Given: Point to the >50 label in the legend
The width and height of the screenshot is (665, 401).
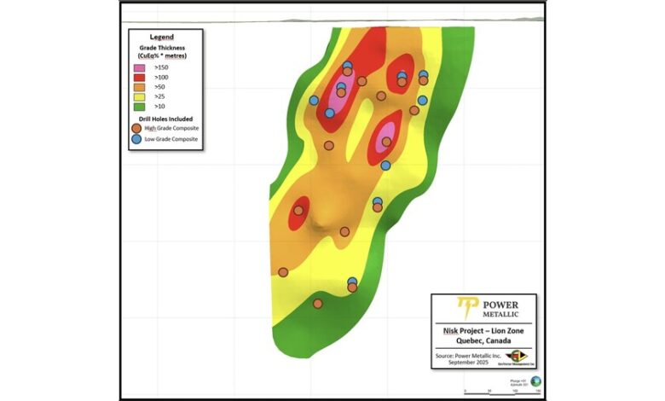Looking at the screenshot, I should pyautogui.click(x=159, y=87).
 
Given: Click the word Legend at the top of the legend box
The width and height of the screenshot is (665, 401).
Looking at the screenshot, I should pyautogui.click(x=161, y=38).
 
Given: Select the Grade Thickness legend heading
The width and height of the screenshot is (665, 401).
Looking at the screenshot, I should pyautogui.click(x=161, y=47).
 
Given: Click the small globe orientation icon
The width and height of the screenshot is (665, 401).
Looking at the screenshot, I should pyautogui.click(x=535, y=381).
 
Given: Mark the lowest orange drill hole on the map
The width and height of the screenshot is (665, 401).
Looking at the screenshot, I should pyautogui.click(x=317, y=303).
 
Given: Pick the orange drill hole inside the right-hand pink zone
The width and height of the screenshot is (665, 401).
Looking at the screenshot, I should pyautogui.click(x=387, y=142).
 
